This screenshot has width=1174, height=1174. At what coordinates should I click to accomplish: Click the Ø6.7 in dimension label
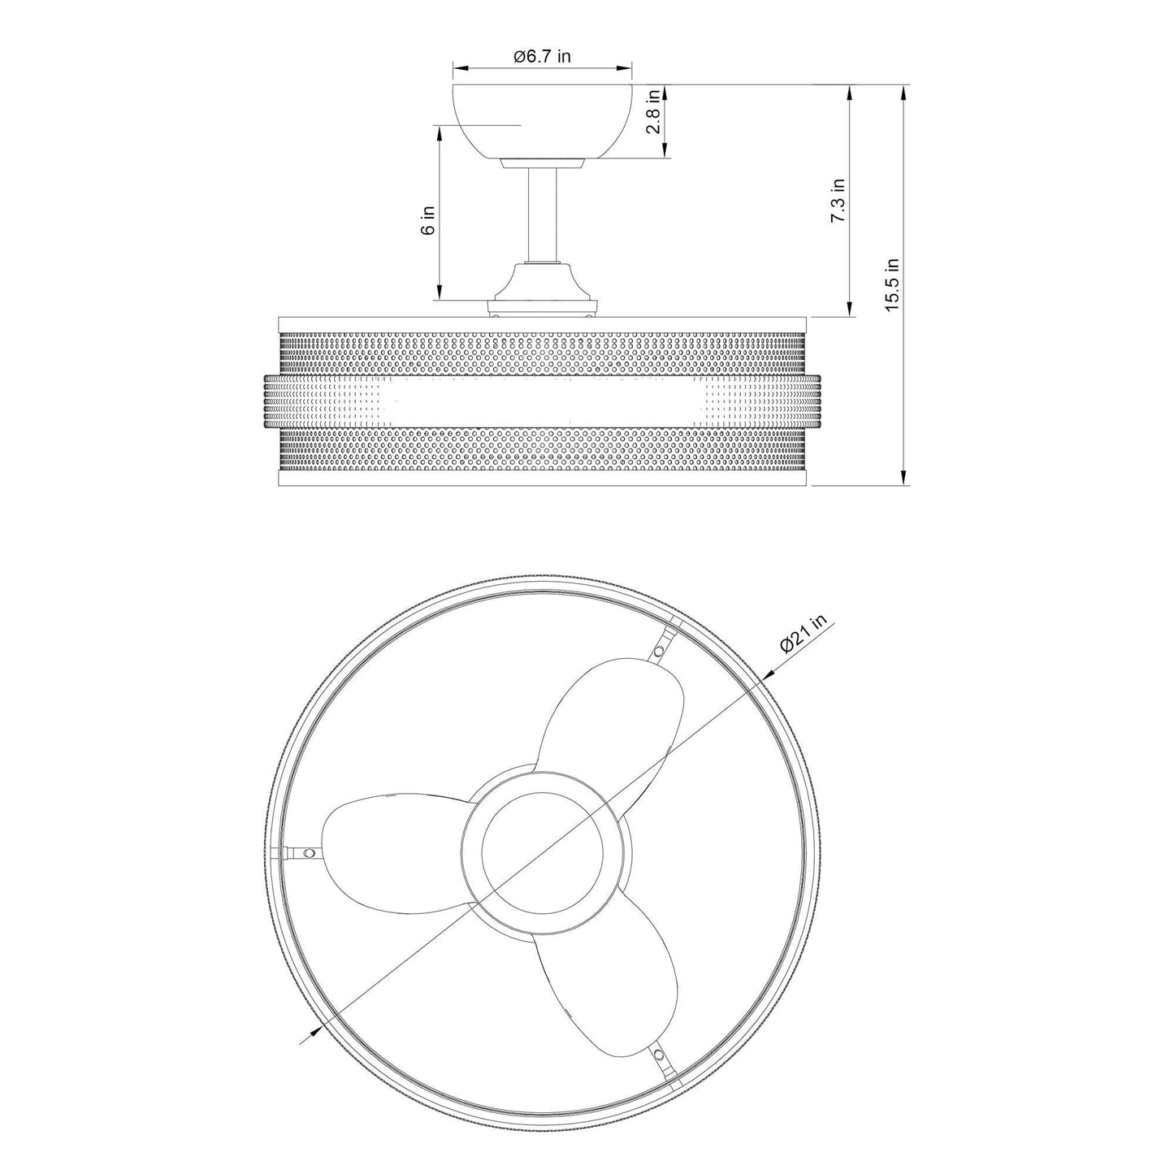pyautogui.click(x=542, y=56)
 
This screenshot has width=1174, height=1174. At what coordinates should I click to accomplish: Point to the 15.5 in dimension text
pyautogui.click(x=892, y=284)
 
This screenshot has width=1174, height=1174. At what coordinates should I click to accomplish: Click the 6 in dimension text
pyautogui.click(x=429, y=219)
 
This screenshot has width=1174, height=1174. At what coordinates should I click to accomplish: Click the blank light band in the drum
pyautogui.click(x=542, y=403)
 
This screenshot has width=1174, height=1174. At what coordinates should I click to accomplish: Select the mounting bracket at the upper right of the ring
pyautogui.click(x=664, y=643)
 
